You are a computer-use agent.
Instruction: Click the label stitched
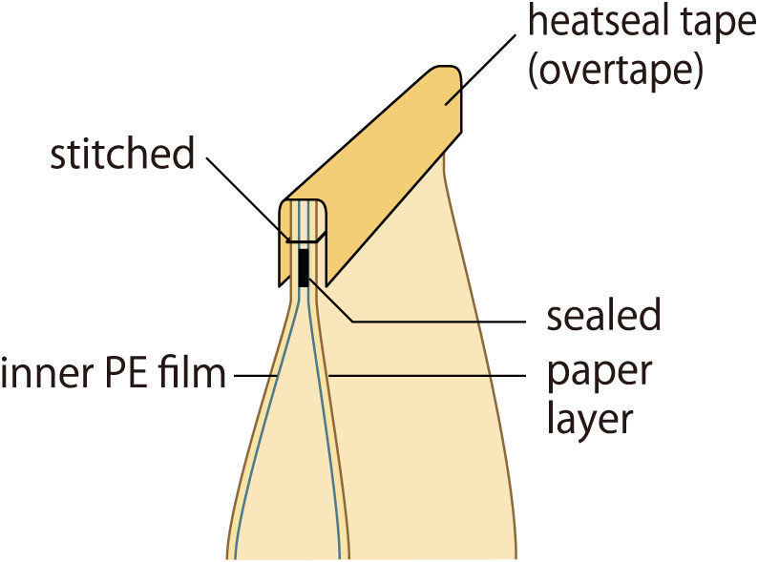pyautogui.click(x=122, y=154)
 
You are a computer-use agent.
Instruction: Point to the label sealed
pyautogui.click(x=600, y=317)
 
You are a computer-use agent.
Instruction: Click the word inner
pyautogui.click(x=37, y=375)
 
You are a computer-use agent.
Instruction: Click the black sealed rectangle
pyautogui.click(x=304, y=266)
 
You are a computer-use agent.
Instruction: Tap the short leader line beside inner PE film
pyautogui.click(x=254, y=376)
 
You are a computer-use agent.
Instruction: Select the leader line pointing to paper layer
pyautogui.click(x=430, y=376)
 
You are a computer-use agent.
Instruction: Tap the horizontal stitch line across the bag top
pyautogui.click(x=304, y=239)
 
